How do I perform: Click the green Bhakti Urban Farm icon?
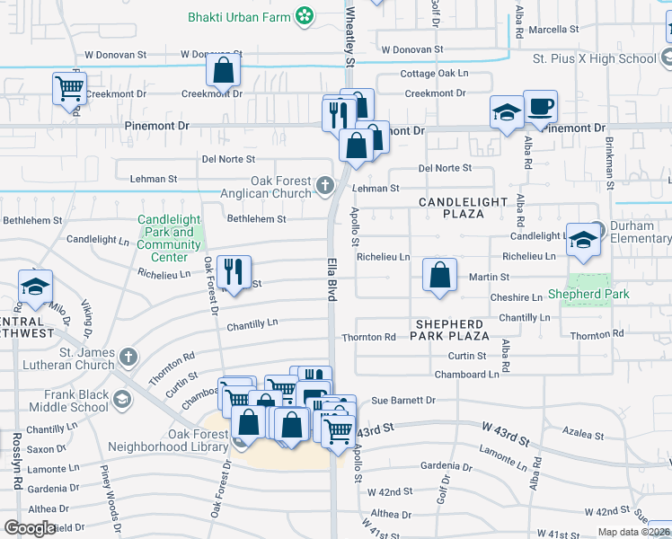coord(306,15)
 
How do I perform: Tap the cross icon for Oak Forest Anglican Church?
coord(325,187)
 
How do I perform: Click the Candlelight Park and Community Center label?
coord(170,238)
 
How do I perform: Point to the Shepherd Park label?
coord(588,294)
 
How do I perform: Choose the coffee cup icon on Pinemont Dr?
coord(540,107)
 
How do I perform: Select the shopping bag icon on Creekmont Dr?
coord(223,70)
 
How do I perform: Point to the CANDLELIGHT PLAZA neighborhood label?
coord(463,208)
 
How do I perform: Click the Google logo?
coord(30,528)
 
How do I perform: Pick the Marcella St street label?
coord(554,30)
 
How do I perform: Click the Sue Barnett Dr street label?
coord(403,400)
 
